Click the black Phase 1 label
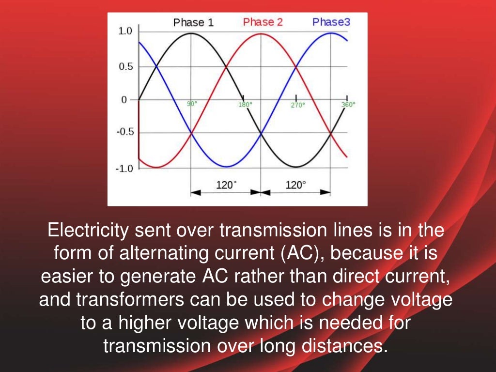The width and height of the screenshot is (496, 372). [x=193, y=23]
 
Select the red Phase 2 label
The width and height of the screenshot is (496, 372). [x=263, y=22]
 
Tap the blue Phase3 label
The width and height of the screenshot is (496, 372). [x=331, y=22]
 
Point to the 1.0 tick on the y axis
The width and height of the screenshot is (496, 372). [x=124, y=31]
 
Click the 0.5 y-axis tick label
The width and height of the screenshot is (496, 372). [x=125, y=67]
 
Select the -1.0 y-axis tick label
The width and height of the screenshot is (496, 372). [x=124, y=168]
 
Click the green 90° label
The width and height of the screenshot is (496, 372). [x=192, y=104]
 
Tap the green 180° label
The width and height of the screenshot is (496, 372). [x=245, y=105]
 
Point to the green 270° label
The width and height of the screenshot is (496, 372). [x=298, y=105]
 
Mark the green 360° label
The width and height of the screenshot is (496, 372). [x=348, y=104]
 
